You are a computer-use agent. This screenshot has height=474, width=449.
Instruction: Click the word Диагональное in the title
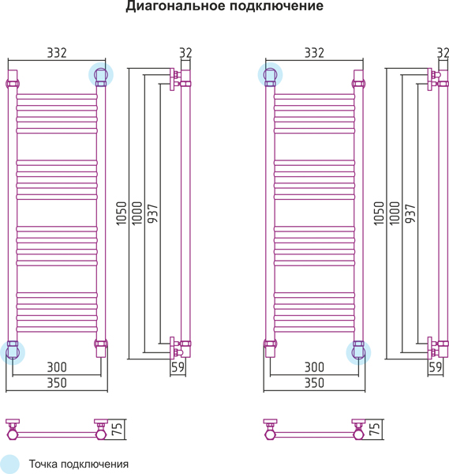[x=175, y=6]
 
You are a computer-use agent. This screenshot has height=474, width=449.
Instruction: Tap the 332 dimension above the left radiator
[x=57, y=53]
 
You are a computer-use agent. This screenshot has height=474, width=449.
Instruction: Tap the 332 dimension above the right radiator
[x=314, y=53]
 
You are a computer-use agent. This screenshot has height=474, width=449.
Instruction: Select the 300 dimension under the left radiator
[x=57, y=367]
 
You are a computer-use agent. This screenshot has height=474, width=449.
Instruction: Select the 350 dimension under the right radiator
[x=314, y=382]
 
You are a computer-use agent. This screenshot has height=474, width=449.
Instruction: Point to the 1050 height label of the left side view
[x=121, y=213]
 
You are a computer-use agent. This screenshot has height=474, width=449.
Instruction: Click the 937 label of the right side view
[x=410, y=213]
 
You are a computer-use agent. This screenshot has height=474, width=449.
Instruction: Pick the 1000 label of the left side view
[x=137, y=213]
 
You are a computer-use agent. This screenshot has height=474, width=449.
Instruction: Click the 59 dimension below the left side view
[x=178, y=367]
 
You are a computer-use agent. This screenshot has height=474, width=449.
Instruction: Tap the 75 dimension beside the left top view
[x=118, y=429]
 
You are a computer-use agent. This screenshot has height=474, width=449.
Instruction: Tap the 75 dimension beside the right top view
[x=375, y=429]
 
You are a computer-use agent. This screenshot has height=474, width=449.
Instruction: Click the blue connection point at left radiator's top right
[x=101, y=75]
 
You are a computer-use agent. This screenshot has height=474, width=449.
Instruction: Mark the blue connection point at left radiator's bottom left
[x=13, y=352]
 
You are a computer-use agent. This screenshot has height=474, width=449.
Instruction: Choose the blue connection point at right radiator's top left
[x=270, y=75]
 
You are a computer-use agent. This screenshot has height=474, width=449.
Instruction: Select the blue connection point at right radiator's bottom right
[x=358, y=352]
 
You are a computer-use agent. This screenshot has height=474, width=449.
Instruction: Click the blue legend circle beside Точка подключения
[x=9, y=464]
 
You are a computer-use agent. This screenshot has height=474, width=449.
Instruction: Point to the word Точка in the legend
[x=43, y=464]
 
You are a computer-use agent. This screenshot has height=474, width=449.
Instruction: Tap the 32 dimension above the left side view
[x=185, y=53]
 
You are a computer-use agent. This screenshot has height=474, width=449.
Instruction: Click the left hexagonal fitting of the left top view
[x=12, y=434]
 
